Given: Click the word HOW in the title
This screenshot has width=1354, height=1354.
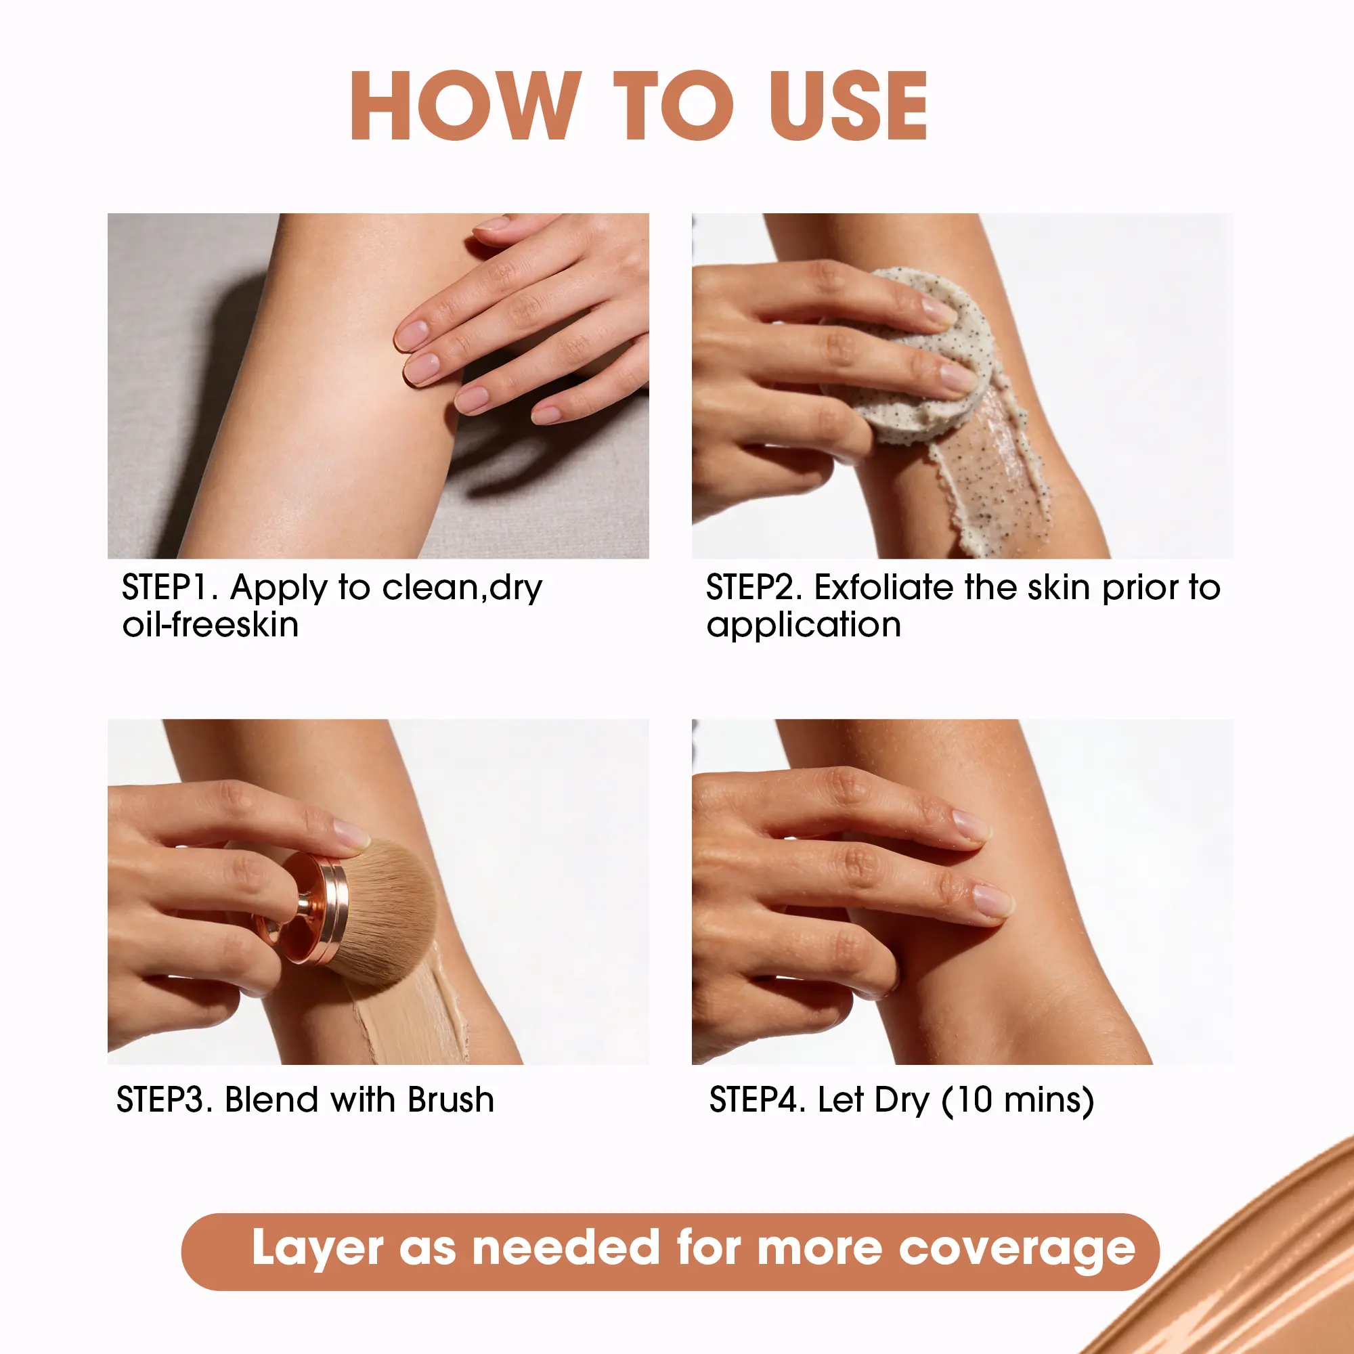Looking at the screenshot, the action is [x=466, y=105].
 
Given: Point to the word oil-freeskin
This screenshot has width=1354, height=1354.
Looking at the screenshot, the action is [x=211, y=624].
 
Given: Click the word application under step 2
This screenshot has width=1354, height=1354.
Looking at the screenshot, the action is [x=803, y=625].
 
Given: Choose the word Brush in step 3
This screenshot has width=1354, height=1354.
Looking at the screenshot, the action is [x=451, y=1099].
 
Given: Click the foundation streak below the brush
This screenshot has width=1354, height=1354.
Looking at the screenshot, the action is [x=410, y=1009].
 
